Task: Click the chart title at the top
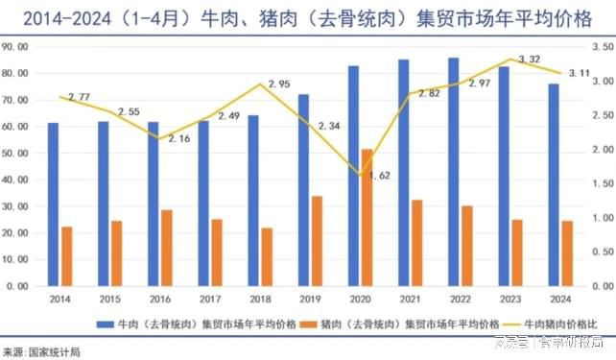pos(307,16)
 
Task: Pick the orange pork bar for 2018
pos(267,257)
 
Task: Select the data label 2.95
pos(279,84)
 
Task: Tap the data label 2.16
pos(180,139)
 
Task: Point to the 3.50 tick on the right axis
pos(602,46)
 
